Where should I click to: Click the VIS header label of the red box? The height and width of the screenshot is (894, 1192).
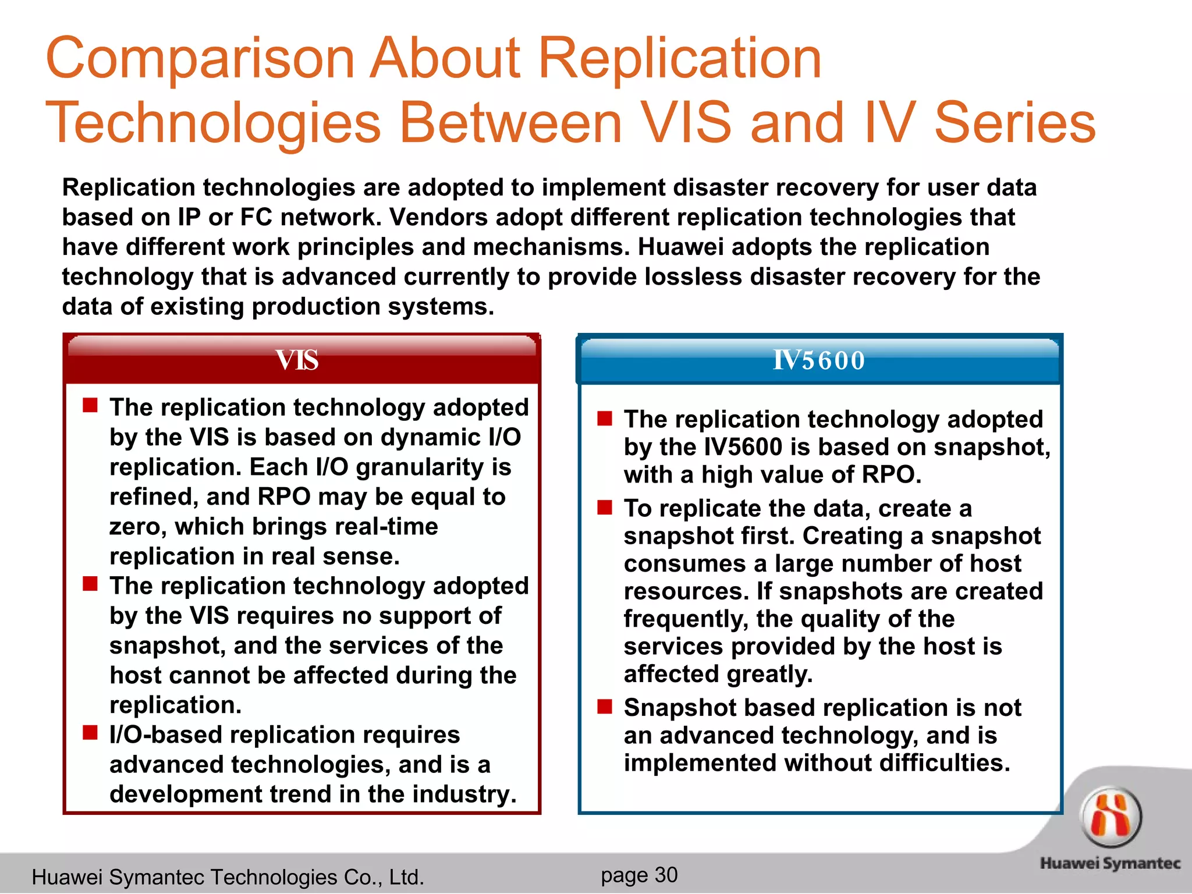(x=297, y=360)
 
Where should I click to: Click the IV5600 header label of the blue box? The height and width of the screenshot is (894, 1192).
(x=819, y=360)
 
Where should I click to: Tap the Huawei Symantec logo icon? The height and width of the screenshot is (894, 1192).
(x=1111, y=816)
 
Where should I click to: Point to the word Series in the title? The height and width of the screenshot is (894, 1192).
(x=1014, y=123)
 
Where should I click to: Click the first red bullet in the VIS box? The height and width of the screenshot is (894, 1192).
(x=90, y=405)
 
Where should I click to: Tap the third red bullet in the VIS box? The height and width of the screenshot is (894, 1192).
(x=90, y=733)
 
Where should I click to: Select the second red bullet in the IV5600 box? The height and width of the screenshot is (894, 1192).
(x=605, y=508)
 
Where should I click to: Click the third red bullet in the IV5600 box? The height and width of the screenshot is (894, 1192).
(x=605, y=707)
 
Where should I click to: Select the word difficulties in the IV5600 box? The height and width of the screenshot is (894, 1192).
(x=944, y=763)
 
